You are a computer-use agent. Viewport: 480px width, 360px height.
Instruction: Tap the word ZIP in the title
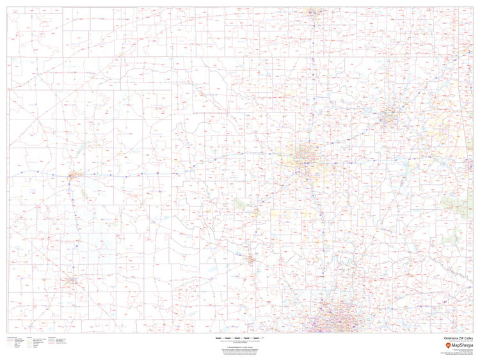coord(460,338)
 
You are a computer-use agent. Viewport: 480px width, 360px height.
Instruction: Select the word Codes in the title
coord(468,338)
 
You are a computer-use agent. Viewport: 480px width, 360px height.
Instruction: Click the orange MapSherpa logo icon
coord(447,345)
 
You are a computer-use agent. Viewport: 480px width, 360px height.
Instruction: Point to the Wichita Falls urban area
coord(251,259)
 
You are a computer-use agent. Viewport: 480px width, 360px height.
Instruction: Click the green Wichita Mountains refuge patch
coord(243,203)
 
